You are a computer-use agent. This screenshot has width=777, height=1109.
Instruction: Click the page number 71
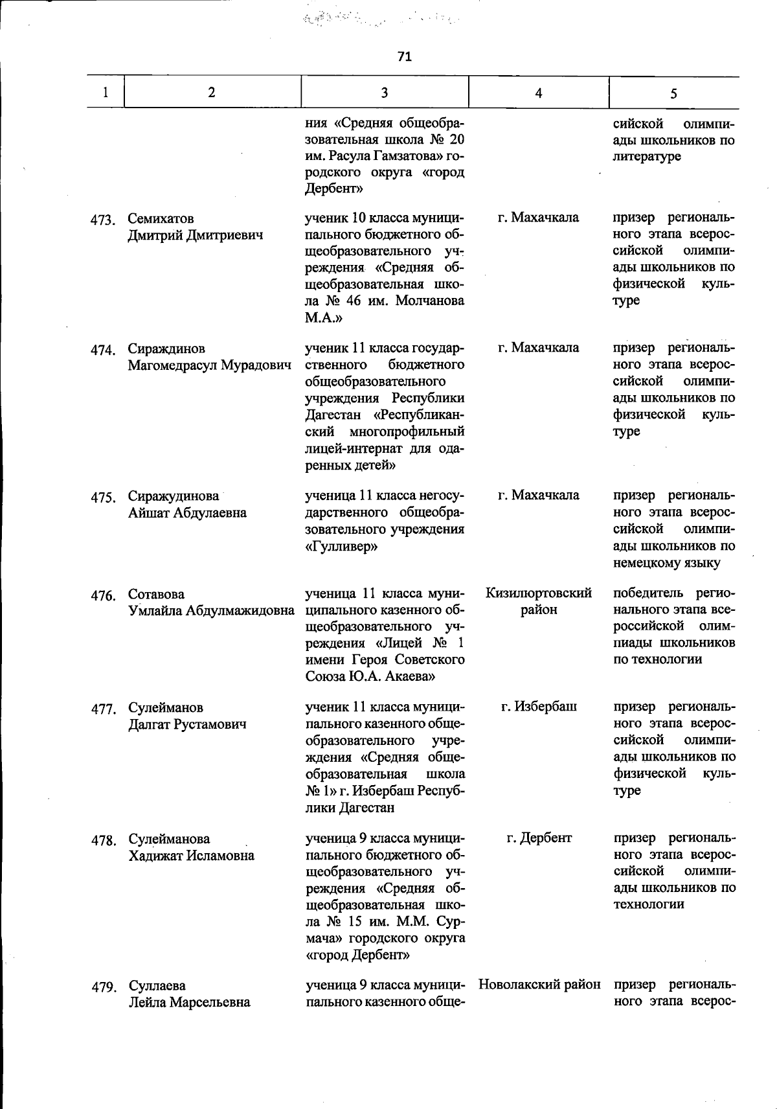(404, 57)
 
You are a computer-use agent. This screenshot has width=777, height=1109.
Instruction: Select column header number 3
(385, 93)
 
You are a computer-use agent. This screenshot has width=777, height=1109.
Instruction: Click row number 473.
(102, 220)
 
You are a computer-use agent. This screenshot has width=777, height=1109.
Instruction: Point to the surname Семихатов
(161, 218)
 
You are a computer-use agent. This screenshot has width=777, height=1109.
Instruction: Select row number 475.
(102, 497)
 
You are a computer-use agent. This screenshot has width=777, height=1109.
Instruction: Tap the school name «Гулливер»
(341, 547)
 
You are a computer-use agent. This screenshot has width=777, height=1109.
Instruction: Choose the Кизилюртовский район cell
(538, 601)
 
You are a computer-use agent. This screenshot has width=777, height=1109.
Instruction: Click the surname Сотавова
(156, 594)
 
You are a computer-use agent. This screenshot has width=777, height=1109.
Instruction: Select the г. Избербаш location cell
(539, 707)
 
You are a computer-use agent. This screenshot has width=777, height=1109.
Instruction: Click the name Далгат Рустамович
(187, 724)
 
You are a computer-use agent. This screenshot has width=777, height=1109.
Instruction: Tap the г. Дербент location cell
(539, 838)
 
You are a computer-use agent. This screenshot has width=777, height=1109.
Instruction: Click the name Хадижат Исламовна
(191, 856)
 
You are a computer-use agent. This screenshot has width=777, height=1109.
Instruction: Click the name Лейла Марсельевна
(189, 1003)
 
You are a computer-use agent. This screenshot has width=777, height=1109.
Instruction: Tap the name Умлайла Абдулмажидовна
(211, 611)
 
